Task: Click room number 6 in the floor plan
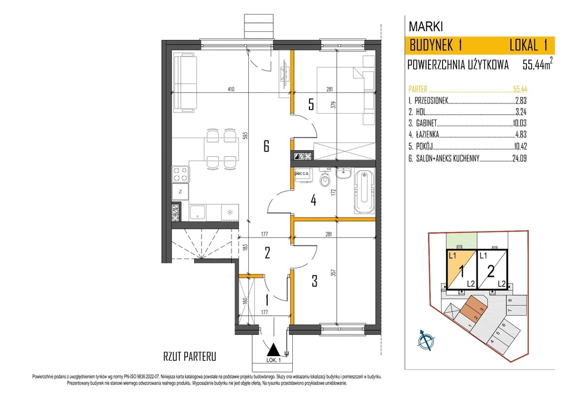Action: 266,146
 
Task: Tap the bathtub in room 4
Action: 364,191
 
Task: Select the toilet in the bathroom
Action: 325,179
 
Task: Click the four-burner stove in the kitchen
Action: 180,174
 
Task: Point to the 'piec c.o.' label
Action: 302,174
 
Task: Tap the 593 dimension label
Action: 245,136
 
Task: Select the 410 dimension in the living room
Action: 231,89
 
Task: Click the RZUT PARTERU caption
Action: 190,356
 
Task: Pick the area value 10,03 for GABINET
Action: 519,123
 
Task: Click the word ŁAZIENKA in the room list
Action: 427,135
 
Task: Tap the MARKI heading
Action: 426,27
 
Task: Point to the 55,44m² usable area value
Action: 538,65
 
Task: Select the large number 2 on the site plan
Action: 491,271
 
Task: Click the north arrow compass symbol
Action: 426,341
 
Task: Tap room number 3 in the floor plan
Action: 315,281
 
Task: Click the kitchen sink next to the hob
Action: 198,212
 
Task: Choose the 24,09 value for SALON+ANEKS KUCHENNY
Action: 519,158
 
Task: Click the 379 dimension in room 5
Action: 333,105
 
